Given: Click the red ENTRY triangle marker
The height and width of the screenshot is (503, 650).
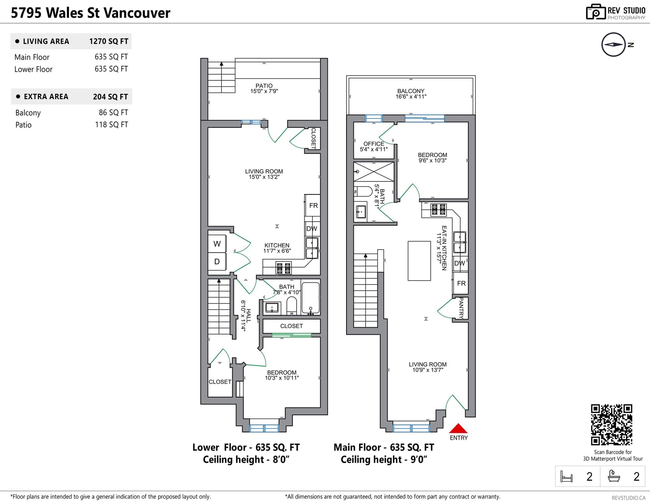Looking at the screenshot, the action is pos(458,429).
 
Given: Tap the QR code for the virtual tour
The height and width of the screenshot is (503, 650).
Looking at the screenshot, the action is pos(611,425).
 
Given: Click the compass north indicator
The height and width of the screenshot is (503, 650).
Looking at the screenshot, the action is pos(613,45).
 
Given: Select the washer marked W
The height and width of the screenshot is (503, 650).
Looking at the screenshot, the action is pos(217,244).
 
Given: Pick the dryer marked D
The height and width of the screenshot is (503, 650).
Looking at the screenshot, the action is pos(217,261).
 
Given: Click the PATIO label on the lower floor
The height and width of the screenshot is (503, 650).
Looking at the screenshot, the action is pos(264,86).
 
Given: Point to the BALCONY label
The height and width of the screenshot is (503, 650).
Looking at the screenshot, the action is pos(411,91).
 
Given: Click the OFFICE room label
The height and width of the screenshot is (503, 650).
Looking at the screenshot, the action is pos(374,144).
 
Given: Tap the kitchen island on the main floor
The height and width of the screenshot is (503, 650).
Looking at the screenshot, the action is pos(419,261).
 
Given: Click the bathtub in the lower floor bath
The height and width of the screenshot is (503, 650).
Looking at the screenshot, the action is pos(310,298).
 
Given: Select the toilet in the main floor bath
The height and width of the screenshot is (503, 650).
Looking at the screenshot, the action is pos(363,191).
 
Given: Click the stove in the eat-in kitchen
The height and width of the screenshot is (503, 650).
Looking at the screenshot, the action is pos(438,210).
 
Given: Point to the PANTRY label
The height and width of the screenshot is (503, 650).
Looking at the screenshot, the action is pos(461,308).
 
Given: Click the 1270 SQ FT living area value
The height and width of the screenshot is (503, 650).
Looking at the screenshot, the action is pos(108,41).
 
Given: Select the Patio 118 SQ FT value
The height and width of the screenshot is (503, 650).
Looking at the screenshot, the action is pos(111,125).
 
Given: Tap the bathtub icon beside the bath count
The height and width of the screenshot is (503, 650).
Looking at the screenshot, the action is pos(613,476).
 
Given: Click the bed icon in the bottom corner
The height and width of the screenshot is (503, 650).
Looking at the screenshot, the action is pos(566,476).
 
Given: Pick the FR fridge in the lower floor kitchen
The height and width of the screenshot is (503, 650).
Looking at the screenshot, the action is pos(313,205).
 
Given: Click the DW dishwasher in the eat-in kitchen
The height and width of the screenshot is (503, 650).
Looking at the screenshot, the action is pos(460,263).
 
